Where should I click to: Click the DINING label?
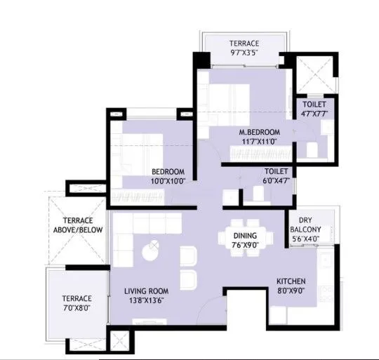[246, 236]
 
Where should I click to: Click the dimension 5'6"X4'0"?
[305, 239]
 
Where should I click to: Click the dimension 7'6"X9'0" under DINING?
[246, 245]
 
